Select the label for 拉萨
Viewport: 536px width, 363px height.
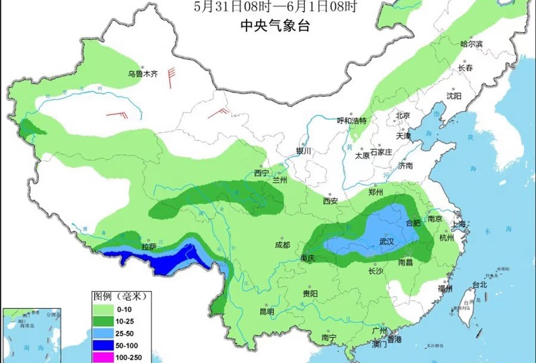tap(148, 246)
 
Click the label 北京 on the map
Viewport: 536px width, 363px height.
tap(403, 115)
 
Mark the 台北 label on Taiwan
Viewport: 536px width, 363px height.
tap(479, 284)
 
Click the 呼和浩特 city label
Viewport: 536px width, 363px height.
tap(351, 120)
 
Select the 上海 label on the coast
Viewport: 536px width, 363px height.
tap(459, 224)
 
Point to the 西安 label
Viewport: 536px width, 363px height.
tap(331, 201)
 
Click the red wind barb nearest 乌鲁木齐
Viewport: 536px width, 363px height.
tap(172, 77)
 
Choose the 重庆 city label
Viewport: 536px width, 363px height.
tap(307, 258)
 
